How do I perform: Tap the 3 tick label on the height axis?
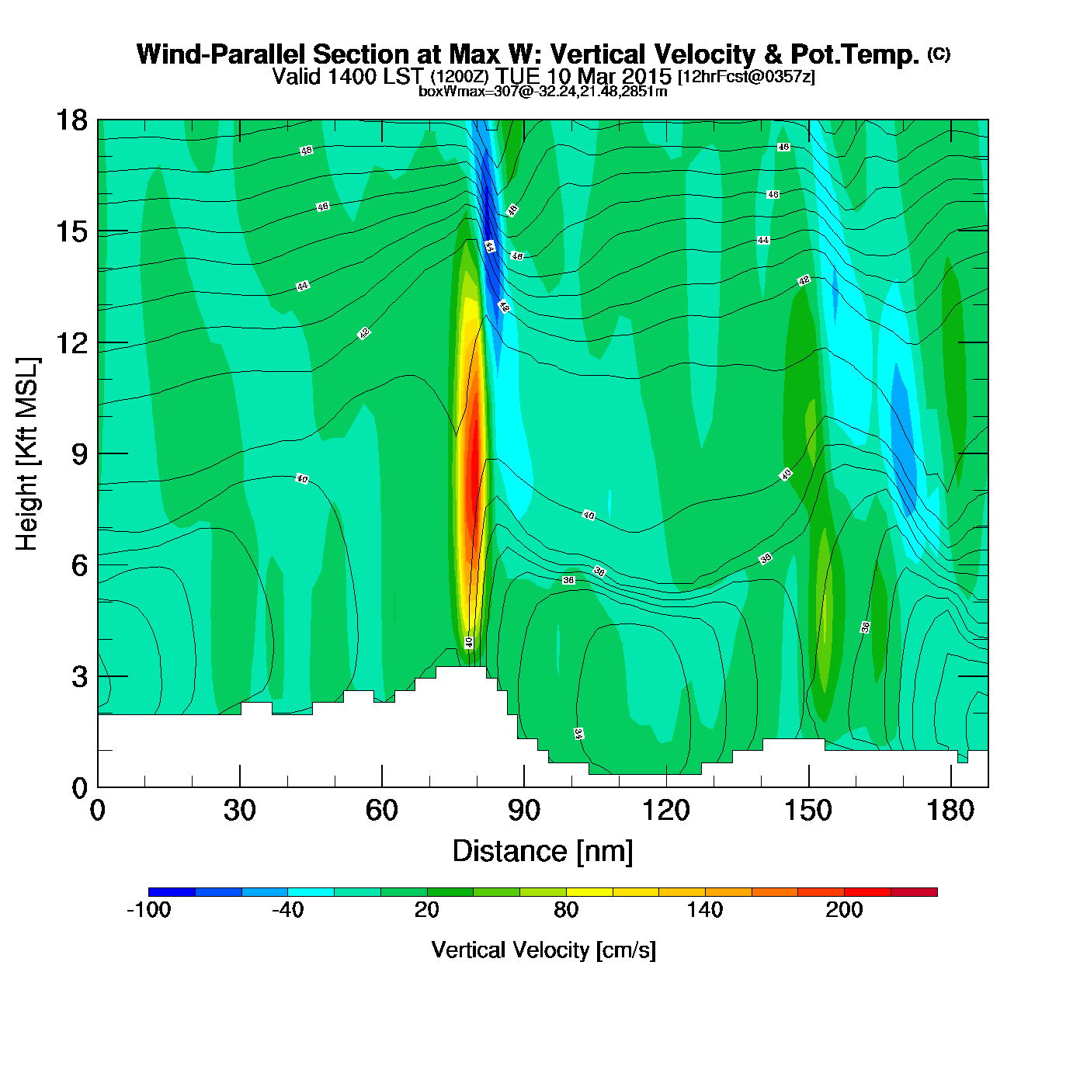point(79,676)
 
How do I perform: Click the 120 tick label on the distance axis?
point(665,811)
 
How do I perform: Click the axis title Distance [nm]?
point(543,851)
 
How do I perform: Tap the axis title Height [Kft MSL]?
point(27,454)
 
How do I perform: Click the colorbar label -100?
point(148,910)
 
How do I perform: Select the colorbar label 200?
point(844,910)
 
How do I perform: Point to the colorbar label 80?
point(566,910)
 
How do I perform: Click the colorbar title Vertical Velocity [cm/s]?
point(543,950)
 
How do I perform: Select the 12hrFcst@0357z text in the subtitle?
point(746,78)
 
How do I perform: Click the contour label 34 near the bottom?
point(578,734)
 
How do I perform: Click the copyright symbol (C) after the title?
point(939,54)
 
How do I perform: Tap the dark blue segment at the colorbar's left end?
point(172,892)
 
